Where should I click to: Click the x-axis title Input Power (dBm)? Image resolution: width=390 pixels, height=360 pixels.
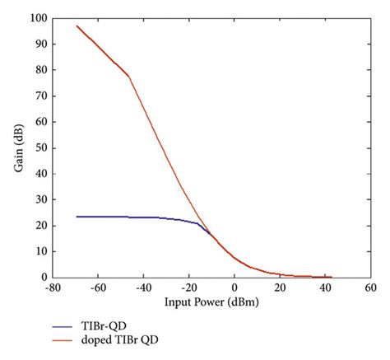pyautogui.click(x=211, y=302)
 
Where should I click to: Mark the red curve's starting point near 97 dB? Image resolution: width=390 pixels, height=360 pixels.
pyautogui.click(x=77, y=26)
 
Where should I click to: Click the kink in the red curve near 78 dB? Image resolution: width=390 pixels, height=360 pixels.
pyautogui.click(x=129, y=76)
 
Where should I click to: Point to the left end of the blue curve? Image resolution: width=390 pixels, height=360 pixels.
pyautogui.click(x=77, y=217)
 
